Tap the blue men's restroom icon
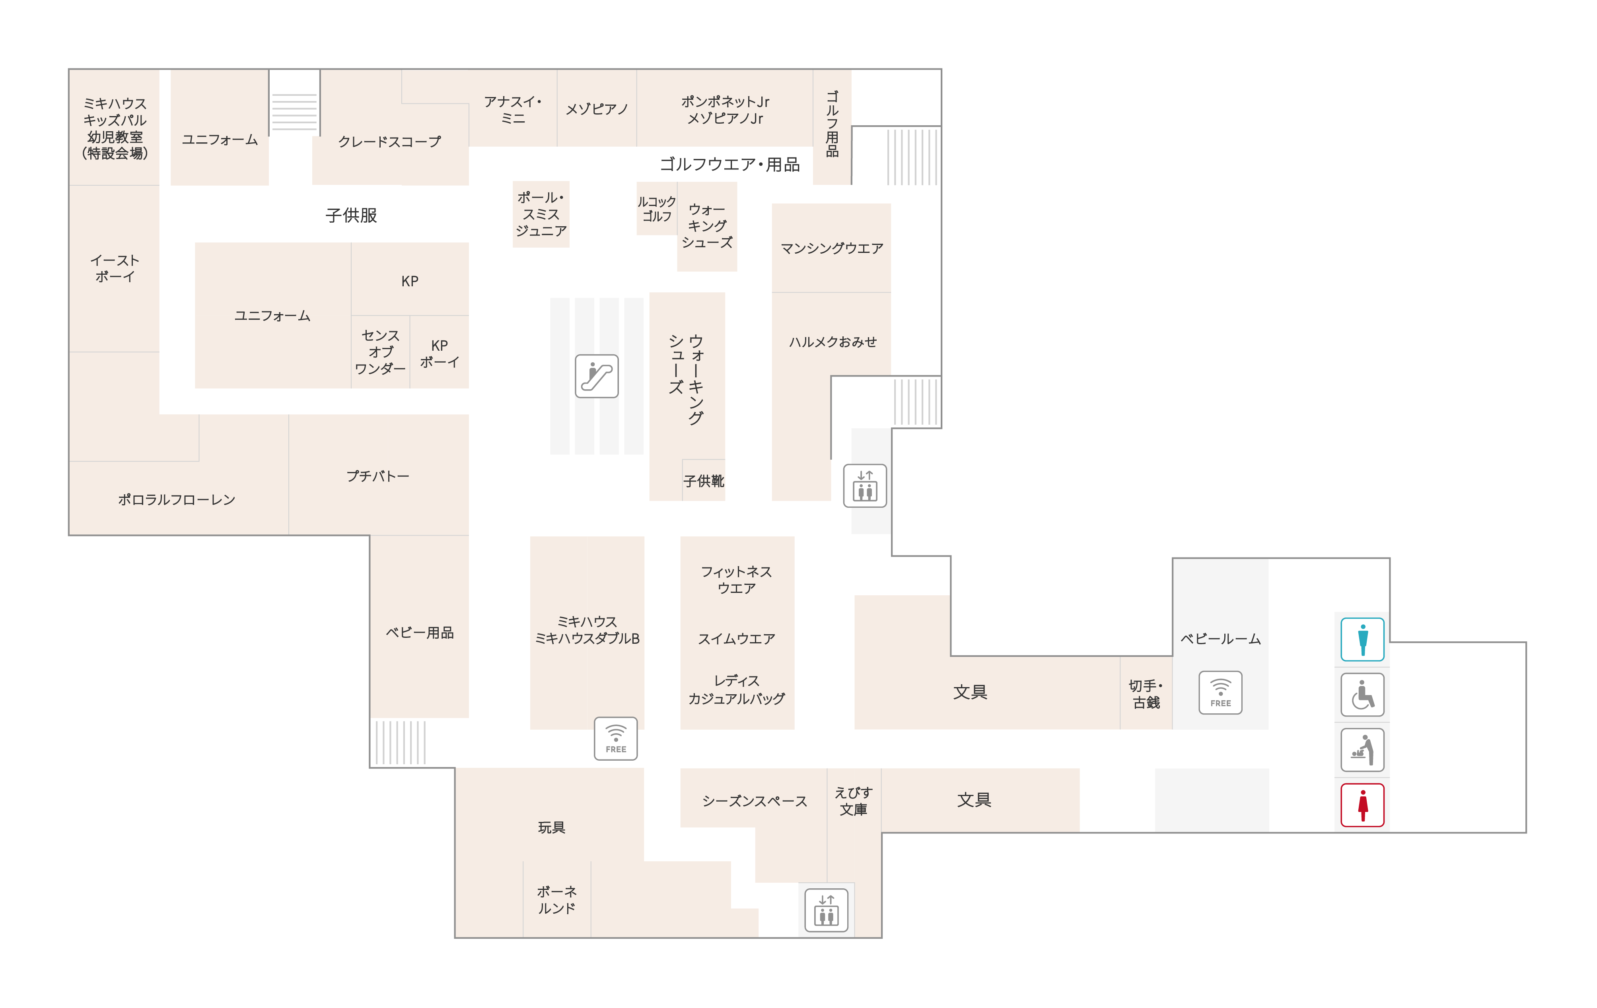tap(1362, 639)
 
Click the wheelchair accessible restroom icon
tap(1362, 694)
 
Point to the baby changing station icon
tap(1362, 750)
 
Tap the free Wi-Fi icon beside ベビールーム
tap(1220, 692)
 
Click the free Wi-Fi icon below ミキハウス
tap(615, 738)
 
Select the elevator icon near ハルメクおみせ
tap(865, 486)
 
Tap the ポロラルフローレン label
tap(177, 499)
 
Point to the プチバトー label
tap(377, 476)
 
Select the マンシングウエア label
tap(832, 248)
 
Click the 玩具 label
tap(551, 827)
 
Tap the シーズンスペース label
tap(755, 801)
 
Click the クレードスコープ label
tap(389, 141)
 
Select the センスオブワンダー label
tap(380, 352)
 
